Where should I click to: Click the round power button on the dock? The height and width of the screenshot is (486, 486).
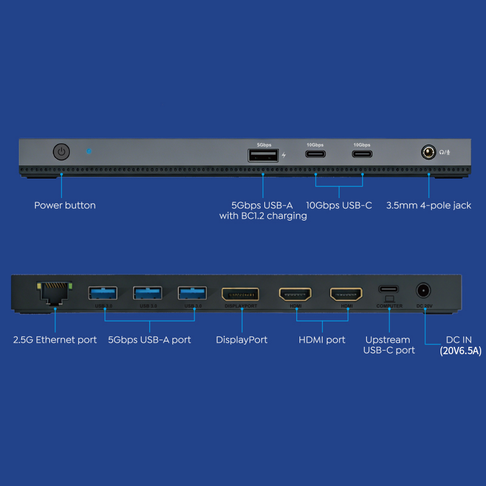[61, 152]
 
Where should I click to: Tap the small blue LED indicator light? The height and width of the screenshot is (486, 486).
[89, 150]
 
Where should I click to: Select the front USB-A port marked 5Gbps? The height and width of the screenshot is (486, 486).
[263, 156]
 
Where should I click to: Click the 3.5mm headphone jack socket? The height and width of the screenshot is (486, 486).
[429, 152]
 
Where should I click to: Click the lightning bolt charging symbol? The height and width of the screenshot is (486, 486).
[284, 156]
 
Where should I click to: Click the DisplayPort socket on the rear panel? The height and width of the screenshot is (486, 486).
[241, 295]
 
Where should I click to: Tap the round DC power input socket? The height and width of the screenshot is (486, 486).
[423, 290]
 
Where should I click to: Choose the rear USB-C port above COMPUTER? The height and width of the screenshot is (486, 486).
[389, 289]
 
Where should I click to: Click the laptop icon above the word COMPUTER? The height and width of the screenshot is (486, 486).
[389, 299]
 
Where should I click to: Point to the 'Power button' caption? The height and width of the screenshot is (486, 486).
[64, 205]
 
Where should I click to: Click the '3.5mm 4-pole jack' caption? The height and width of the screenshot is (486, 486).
[428, 205]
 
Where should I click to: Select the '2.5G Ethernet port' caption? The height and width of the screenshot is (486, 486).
[55, 340]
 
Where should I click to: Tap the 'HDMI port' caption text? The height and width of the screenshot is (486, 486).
[321, 340]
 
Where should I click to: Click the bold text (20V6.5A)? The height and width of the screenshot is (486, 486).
[461, 351]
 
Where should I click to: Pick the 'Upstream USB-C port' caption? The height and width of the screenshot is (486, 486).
[389, 344]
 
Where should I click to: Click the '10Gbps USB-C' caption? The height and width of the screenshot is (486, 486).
[338, 205]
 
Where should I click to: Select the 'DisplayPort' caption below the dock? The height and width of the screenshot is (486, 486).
[241, 340]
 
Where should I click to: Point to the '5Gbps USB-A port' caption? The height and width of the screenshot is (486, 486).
[149, 340]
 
